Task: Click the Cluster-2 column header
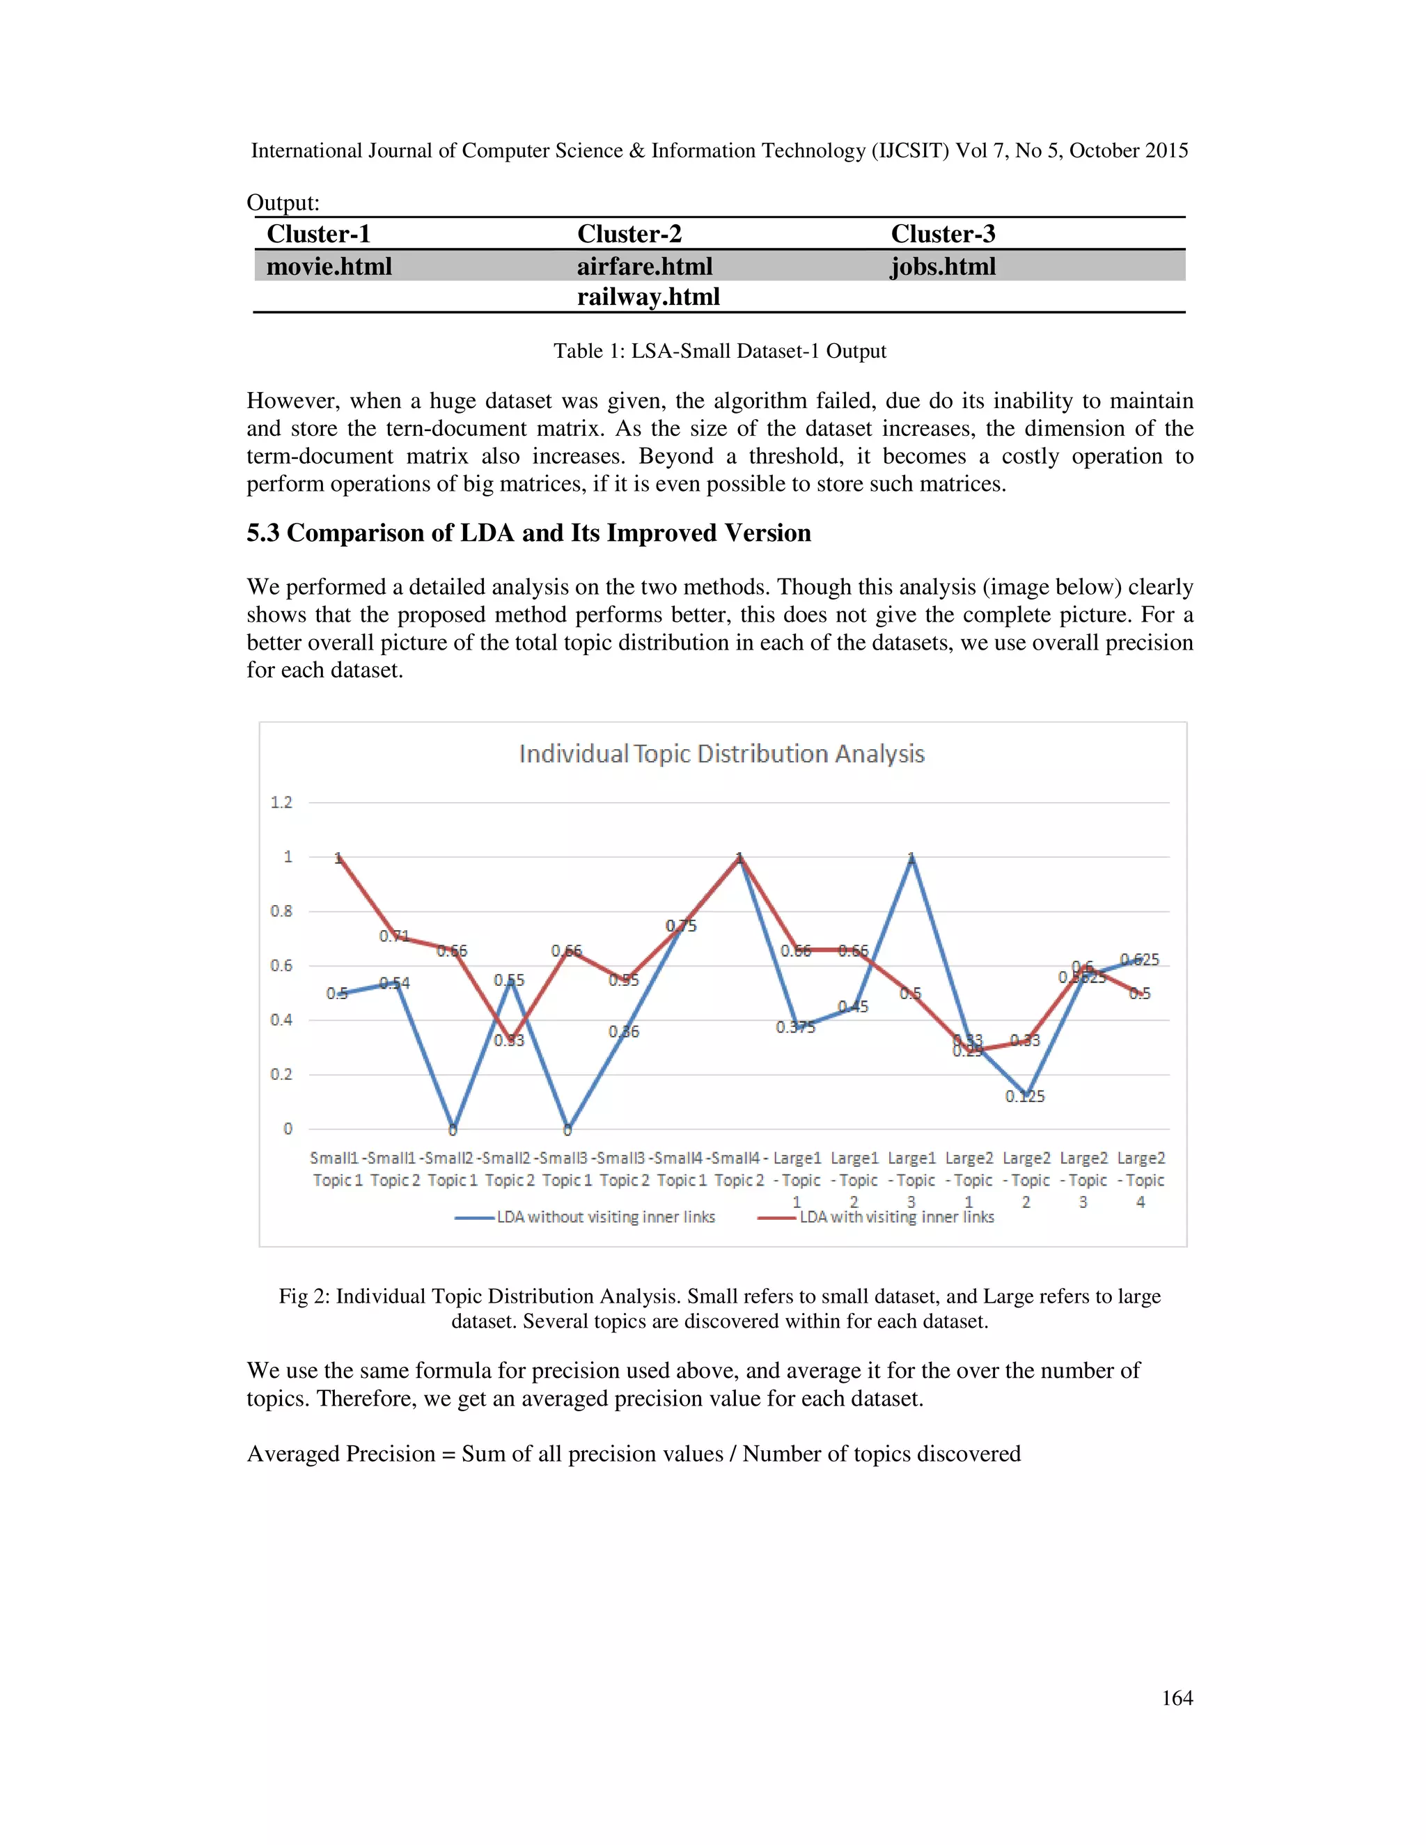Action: click(629, 234)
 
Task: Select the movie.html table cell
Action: click(329, 266)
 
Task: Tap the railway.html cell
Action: click(648, 297)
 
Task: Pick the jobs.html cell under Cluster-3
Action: click(943, 266)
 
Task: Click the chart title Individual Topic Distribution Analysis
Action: click(721, 753)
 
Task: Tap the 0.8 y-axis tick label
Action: click(281, 911)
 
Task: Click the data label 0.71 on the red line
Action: click(393, 936)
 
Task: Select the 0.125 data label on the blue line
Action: click(1025, 1097)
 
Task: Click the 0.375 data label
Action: click(795, 1027)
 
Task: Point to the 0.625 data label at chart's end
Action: click(1140, 959)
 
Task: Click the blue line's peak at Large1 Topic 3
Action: click(911, 858)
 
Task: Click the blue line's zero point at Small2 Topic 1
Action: click(453, 1129)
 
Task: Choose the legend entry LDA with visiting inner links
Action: click(895, 1217)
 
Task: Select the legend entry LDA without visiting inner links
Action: click(605, 1217)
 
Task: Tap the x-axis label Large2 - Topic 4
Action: click(1141, 1179)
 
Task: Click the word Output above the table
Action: click(282, 203)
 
